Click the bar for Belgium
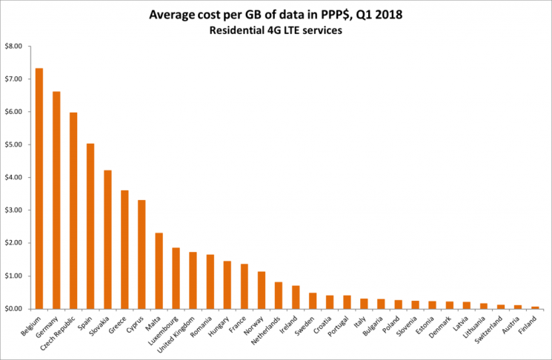pyautogui.click(x=39, y=188)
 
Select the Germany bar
pyautogui.click(x=56, y=200)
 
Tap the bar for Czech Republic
pyautogui.click(x=73, y=210)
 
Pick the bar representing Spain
pyautogui.click(x=90, y=226)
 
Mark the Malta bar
pyautogui.click(x=159, y=270)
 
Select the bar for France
pyautogui.click(x=244, y=286)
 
